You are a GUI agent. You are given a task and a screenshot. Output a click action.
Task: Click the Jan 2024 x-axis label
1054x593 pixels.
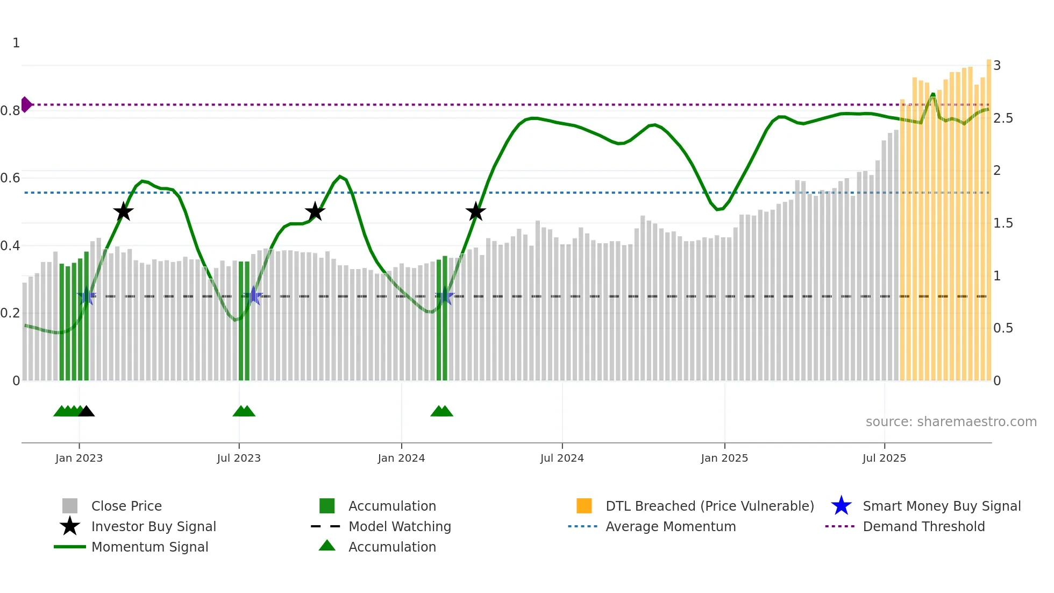click(x=401, y=458)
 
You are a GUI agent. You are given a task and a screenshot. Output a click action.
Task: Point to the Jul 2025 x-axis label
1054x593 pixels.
click(x=884, y=458)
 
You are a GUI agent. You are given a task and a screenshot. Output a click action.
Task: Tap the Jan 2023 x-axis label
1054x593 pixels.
click(x=79, y=458)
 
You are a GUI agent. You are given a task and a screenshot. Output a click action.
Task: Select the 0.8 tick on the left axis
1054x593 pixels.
click(x=10, y=111)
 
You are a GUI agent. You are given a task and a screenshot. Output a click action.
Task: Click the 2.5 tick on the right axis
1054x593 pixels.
click(x=1003, y=118)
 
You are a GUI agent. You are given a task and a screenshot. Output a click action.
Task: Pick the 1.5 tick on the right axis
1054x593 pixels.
click(x=1003, y=223)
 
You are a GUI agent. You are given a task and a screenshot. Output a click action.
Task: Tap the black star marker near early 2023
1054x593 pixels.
click(x=123, y=211)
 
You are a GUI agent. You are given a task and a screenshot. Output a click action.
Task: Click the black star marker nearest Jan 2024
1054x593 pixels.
click(x=475, y=211)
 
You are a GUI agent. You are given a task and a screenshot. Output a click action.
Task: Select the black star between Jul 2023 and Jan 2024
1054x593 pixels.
click(x=315, y=211)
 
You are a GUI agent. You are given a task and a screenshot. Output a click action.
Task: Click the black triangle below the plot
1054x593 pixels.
click(x=86, y=412)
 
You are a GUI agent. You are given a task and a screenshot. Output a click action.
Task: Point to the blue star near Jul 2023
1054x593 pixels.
click(x=253, y=296)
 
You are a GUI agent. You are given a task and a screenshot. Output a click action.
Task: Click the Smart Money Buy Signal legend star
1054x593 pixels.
click(x=841, y=506)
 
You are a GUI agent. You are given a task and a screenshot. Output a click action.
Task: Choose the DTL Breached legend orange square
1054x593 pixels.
click(x=584, y=506)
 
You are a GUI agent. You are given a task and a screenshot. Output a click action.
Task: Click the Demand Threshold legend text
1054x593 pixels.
click(x=923, y=526)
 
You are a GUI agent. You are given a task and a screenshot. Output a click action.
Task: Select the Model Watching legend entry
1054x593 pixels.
click(x=400, y=526)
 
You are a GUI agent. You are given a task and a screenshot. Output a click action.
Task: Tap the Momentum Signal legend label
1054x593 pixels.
click(x=149, y=547)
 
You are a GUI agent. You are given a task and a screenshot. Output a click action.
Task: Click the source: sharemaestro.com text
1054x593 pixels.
click(x=951, y=421)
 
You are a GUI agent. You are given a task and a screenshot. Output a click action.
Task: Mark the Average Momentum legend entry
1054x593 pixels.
click(x=670, y=526)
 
